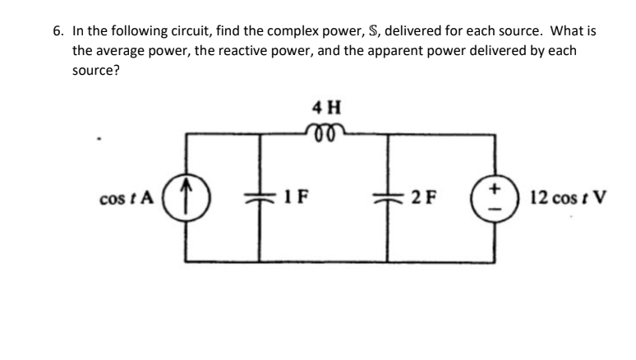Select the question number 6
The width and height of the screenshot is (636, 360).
58,31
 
